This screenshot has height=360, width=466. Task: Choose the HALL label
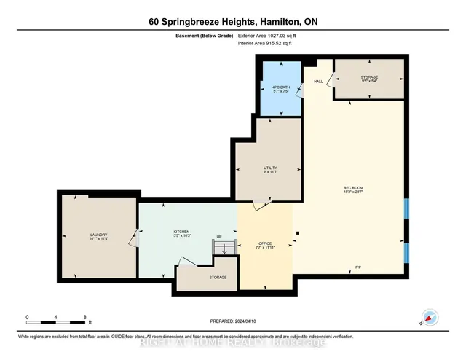click(x=318, y=82)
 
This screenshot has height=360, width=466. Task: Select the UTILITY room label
click(x=270, y=170)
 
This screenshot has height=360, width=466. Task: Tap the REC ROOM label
click(x=353, y=190)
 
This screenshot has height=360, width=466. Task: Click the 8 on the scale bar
click(x=85, y=318)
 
